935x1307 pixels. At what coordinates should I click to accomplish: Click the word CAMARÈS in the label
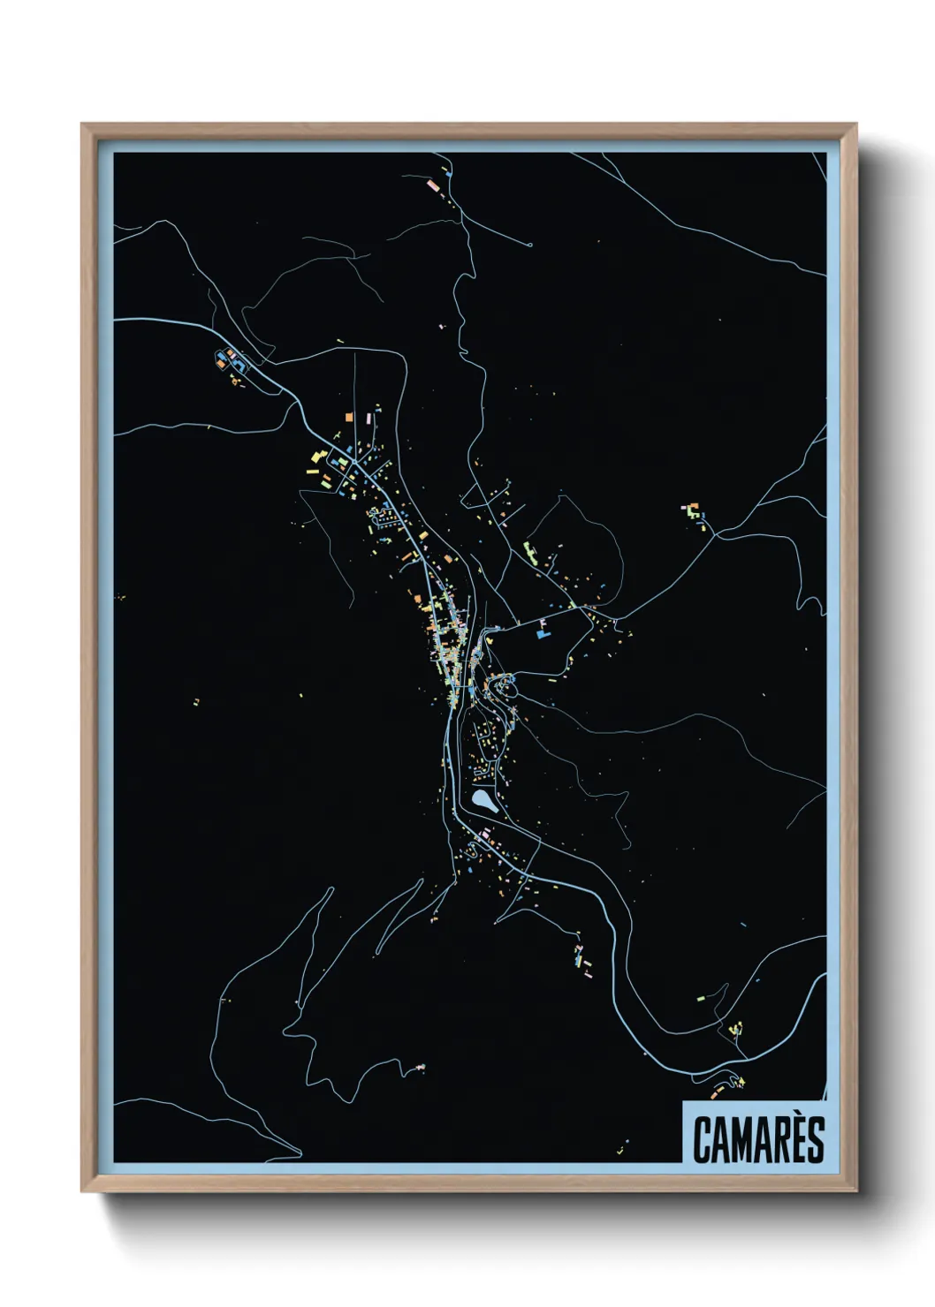pos(758,1139)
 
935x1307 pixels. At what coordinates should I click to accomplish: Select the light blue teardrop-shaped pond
pos(483,802)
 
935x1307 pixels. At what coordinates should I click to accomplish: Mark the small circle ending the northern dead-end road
pos(529,245)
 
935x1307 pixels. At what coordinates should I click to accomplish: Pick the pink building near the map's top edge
pos(432,186)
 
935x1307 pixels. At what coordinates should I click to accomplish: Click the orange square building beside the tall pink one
pos(349,415)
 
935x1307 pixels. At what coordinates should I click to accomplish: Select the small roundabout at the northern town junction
pos(354,461)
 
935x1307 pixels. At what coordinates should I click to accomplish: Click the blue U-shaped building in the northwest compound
pos(221,359)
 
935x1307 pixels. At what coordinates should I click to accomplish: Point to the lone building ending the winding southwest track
pos(420,1068)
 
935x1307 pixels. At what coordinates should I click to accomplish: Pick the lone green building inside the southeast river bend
pos(701,998)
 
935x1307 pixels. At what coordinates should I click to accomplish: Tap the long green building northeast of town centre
pos(531,553)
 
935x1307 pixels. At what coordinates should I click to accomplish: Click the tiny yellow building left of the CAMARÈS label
pos(621,1152)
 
